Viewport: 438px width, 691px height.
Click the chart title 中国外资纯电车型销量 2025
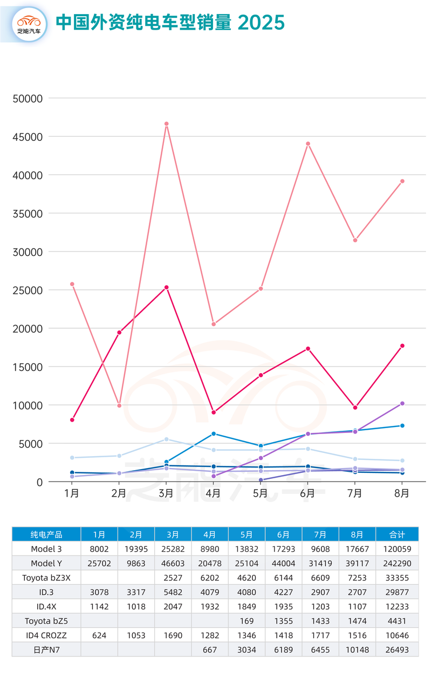170,23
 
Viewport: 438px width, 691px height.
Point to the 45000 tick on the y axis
27,137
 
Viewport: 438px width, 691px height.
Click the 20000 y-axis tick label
27,329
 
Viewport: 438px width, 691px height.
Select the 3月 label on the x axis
166,493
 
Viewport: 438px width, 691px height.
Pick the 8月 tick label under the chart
402,493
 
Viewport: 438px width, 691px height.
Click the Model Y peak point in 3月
167,124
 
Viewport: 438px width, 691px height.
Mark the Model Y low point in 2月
119,405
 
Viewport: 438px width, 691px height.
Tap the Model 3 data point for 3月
167,288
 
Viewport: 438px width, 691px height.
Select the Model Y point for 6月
308,144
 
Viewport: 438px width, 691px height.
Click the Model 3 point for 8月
402,346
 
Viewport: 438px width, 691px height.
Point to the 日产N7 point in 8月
402,404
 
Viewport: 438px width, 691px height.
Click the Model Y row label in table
46,563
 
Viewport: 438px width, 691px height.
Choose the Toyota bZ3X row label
46,578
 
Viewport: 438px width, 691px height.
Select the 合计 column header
397,534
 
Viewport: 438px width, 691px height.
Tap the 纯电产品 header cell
46,534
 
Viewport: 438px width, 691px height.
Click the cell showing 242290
397,563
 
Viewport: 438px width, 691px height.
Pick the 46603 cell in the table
173,563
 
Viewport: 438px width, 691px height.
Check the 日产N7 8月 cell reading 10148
357,649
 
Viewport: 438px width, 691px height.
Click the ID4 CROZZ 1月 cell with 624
99,635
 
